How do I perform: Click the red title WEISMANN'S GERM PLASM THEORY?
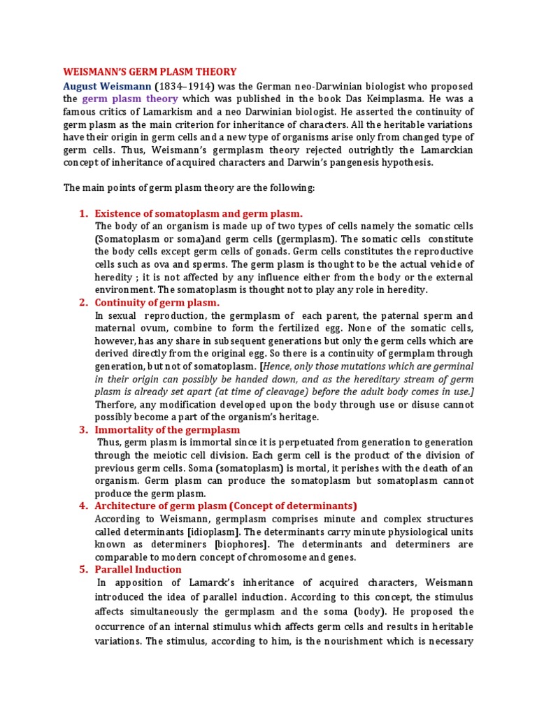coord(150,72)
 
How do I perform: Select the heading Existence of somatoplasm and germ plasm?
coord(199,213)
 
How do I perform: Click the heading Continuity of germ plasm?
coord(157,302)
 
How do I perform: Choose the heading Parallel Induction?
coord(138,569)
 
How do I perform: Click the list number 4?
coord(83,506)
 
